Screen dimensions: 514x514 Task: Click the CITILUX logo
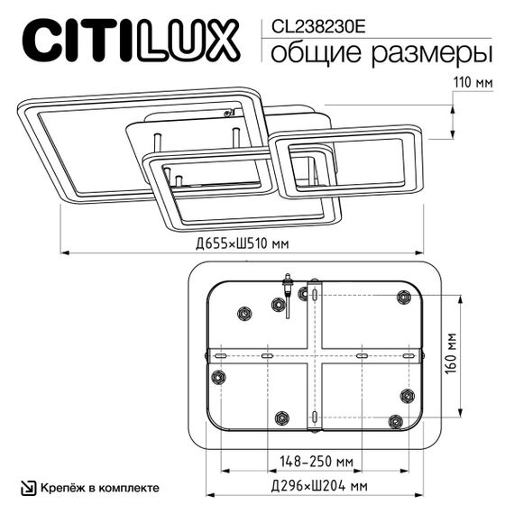click(131, 41)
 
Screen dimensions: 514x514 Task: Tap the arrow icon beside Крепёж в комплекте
click(29, 487)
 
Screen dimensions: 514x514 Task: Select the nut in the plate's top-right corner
click(403, 298)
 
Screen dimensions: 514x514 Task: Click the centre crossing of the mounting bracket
click(313, 356)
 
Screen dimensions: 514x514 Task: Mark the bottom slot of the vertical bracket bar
click(313, 417)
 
